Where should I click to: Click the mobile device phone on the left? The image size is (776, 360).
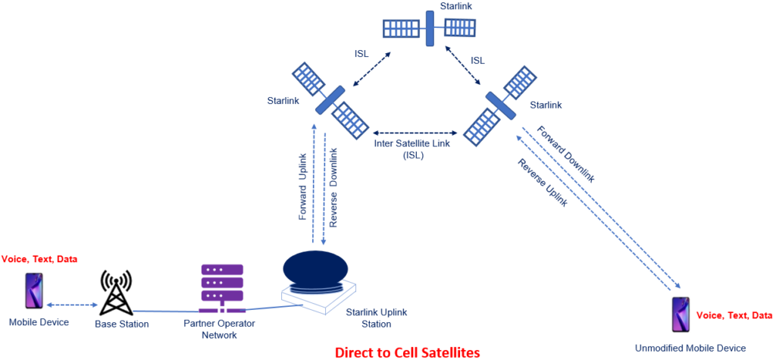coord(34,291)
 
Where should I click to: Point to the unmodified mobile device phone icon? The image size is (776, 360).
coord(681,314)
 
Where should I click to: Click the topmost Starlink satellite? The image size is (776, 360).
coord(429,27)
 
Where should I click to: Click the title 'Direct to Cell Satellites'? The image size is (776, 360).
coord(408,351)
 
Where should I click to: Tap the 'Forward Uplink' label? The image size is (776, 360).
coord(303,195)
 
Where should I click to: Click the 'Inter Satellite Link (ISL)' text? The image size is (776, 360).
coord(413,149)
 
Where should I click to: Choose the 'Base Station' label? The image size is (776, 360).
coord(122,324)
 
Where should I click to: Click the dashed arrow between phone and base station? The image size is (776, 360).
coord(71,305)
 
